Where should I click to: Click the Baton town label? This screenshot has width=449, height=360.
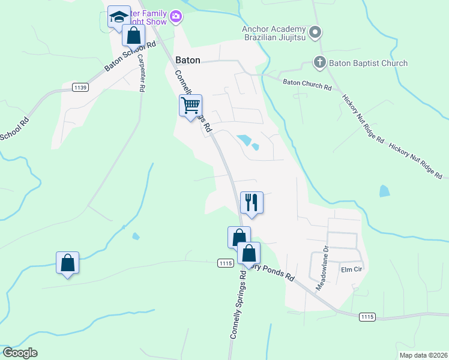(x=188, y=60)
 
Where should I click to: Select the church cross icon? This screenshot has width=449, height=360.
(x=320, y=62)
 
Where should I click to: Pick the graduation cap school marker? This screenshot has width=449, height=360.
(x=119, y=17)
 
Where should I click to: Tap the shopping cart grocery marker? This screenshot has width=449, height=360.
(x=190, y=106)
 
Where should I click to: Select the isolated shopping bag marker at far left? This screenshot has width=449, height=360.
(x=68, y=263)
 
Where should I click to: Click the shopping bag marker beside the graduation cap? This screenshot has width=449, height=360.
(x=133, y=35)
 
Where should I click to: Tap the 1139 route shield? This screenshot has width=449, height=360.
(x=80, y=88)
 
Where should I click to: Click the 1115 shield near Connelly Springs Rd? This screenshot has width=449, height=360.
(x=225, y=263)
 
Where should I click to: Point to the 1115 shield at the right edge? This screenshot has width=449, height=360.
(x=367, y=316)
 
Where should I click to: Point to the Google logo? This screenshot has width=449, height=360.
(x=20, y=353)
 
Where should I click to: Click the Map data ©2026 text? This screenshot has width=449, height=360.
(x=423, y=355)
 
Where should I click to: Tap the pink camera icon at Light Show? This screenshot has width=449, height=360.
(x=176, y=17)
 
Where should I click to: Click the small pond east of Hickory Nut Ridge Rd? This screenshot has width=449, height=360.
(x=384, y=191)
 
